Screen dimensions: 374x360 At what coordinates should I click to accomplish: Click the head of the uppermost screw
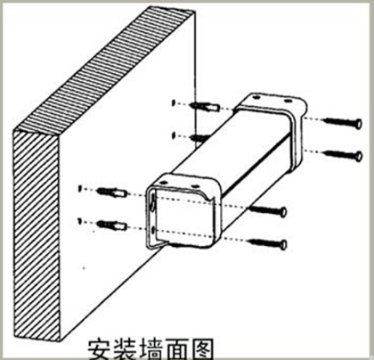359,123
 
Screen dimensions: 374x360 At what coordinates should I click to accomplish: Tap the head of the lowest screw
283,245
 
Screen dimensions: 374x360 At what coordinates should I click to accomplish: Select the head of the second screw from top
359,156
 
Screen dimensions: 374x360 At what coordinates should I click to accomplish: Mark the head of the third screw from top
283,212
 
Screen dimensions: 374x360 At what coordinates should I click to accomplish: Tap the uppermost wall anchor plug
205,106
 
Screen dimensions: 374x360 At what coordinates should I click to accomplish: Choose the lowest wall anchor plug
112,226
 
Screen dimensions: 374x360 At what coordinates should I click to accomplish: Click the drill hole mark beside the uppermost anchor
174,102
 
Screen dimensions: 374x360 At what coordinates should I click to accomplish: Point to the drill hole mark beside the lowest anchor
79,221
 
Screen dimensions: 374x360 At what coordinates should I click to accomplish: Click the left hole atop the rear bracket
257,97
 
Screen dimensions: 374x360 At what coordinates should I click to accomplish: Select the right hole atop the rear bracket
287,101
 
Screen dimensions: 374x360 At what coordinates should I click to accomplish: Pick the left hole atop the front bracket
163,183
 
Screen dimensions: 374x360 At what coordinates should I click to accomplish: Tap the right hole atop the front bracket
195,186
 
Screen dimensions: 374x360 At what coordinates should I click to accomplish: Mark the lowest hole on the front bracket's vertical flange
152,230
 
